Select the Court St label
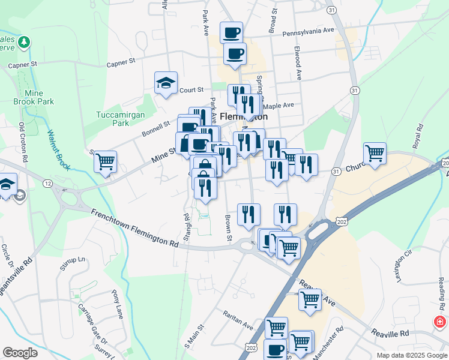click(x=191, y=90)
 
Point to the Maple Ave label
click(x=279, y=105)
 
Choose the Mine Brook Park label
click(x=38, y=98)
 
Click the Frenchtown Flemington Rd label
click(x=135, y=227)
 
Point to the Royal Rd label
click(x=417, y=136)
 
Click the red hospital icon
click(x=440, y=322)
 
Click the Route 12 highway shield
click(x=46, y=182)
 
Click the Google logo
click(x=20, y=353)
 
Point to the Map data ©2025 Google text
click(x=411, y=355)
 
